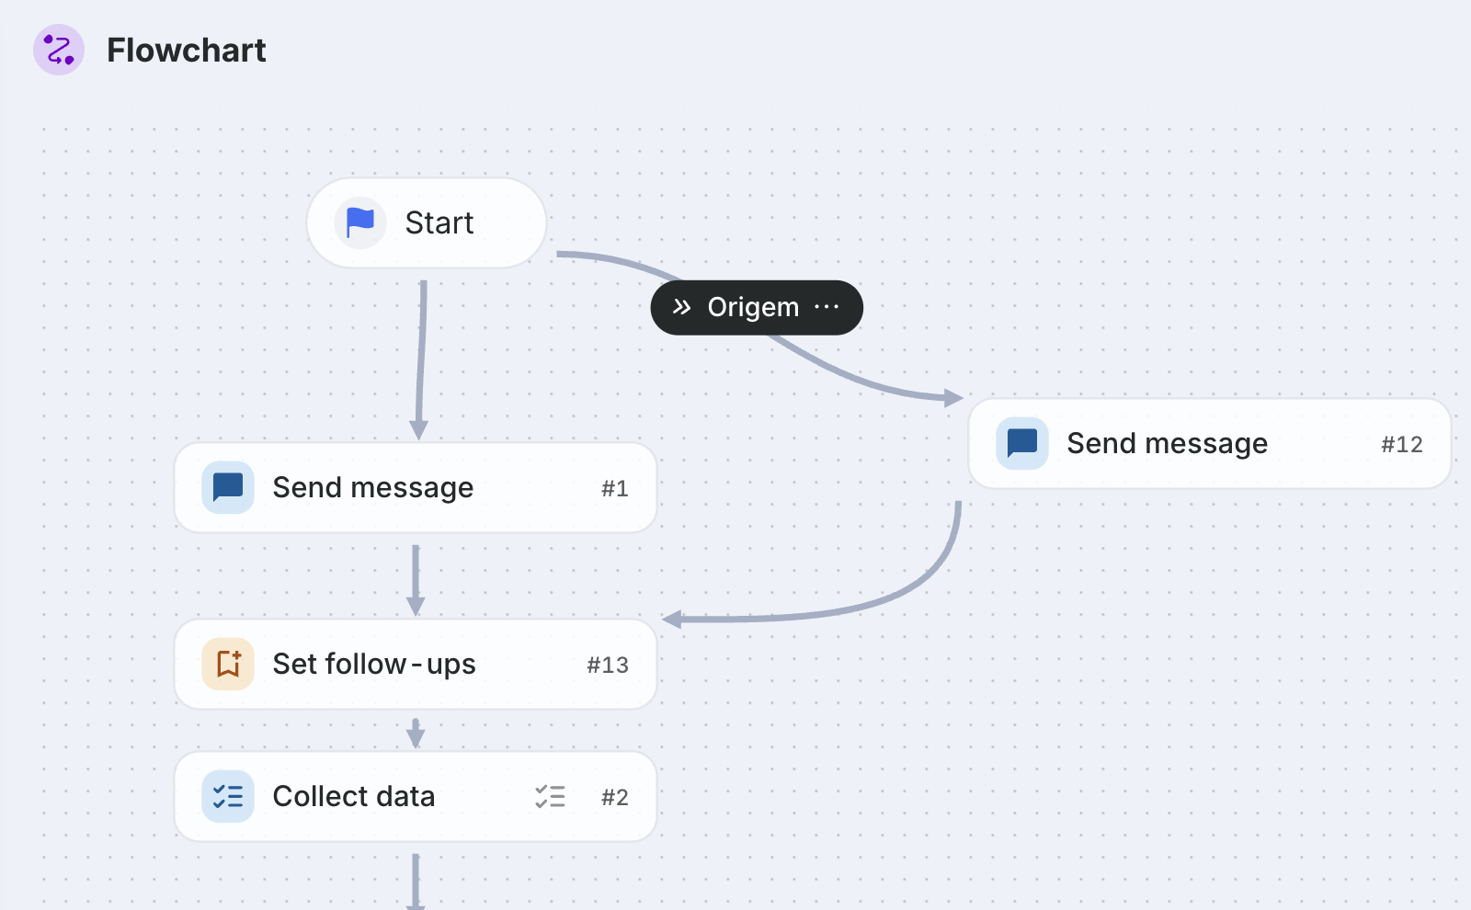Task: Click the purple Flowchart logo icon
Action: pyautogui.click(x=59, y=50)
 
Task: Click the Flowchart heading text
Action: pyautogui.click(x=187, y=50)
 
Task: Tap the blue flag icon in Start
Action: pyautogui.click(x=359, y=222)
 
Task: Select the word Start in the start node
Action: pyautogui.click(x=439, y=222)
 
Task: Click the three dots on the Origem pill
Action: pyautogui.click(x=827, y=307)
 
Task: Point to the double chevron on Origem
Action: pyautogui.click(x=681, y=307)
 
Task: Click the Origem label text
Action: pyautogui.click(x=753, y=307)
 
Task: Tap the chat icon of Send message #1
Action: pyautogui.click(x=228, y=487)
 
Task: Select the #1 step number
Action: pyautogui.click(x=615, y=488)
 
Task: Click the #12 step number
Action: pyautogui.click(x=1402, y=445)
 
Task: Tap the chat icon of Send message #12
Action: pyautogui.click(x=1021, y=443)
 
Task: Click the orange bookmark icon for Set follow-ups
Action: pyautogui.click(x=228, y=664)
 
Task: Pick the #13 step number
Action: pyautogui.click(x=608, y=665)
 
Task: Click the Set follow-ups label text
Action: pyautogui.click(x=374, y=664)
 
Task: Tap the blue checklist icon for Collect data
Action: pyautogui.click(x=228, y=796)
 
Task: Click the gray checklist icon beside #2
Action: pyautogui.click(x=550, y=796)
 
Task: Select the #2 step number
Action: pyautogui.click(x=615, y=798)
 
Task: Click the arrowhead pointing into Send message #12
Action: pyautogui.click(x=953, y=397)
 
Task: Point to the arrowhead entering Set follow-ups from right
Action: pyautogui.click(x=672, y=619)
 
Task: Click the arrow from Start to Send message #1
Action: pyautogui.click(x=421, y=359)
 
